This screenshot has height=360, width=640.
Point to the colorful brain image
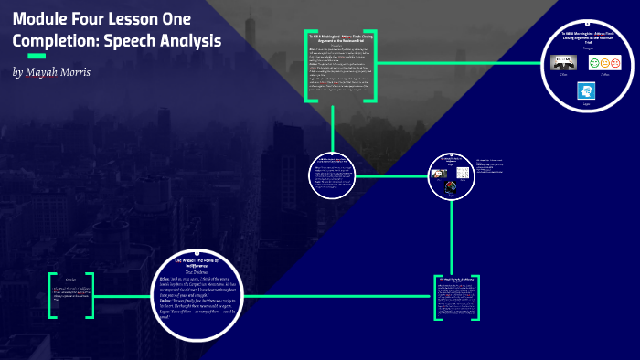[451, 186]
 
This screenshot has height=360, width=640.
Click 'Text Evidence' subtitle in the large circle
[198, 270]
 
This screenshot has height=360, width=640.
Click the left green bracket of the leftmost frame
[52, 294]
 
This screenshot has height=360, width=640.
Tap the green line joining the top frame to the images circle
[457, 64]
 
